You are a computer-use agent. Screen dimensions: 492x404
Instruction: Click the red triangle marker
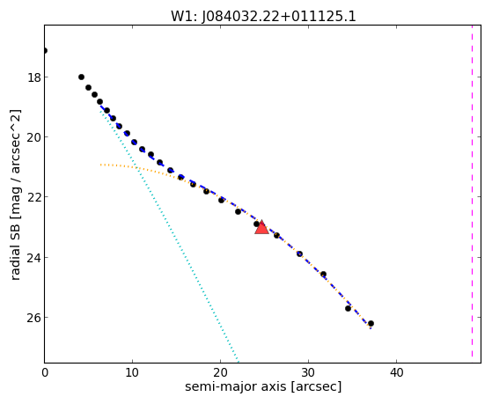pyautogui.click(x=261, y=228)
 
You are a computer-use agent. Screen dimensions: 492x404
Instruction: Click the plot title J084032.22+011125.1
pyautogui.click(x=263, y=17)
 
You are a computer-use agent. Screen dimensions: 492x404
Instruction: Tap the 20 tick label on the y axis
pyautogui.click(x=34, y=137)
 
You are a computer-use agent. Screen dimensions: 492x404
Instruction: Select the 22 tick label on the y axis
pyautogui.click(x=34, y=197)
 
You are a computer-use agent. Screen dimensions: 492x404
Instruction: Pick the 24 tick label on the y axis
pyautogui.click(x=34, y=257)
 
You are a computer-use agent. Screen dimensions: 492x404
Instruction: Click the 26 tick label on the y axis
pyautogui.click(x=34, y=318)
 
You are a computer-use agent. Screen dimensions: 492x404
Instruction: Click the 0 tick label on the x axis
pyautogui.click(x=45, y=373)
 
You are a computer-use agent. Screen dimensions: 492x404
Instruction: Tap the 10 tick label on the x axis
pyautogui.click(x=132, y=373)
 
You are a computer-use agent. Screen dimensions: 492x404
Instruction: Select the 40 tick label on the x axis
pyautogui.click(x=397, y=373)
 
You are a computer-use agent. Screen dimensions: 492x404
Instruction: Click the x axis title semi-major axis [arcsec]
pyautogui.click(x=263, y=386)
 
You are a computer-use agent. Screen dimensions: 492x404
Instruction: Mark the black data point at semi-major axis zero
pyautogui.click(x=45, y=50)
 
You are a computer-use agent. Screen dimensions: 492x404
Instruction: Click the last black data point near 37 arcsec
pyautogui.click(x=371, y=323)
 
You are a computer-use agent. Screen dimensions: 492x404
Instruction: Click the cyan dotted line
pyautogui.click(x=170, y=235)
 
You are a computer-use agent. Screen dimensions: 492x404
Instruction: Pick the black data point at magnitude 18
pyautogui.click(x=81, y=77)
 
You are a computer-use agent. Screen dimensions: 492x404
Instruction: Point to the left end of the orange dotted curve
pyautogui.click(x=100, y=165)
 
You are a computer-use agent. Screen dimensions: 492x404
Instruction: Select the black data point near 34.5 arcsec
pyautogui.click(x=348, y=309)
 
